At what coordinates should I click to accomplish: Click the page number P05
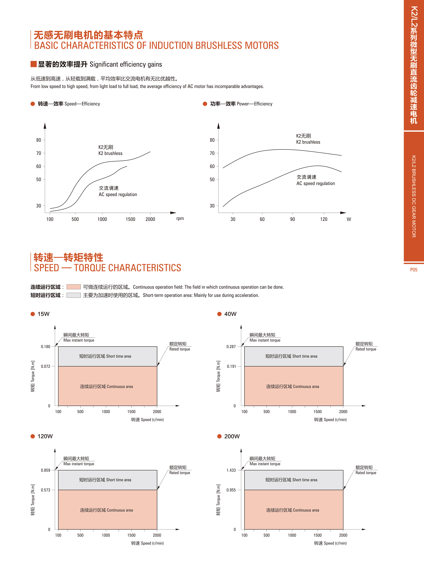click(x=413, y=270)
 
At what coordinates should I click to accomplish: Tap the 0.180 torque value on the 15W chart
click(x=46, y=346)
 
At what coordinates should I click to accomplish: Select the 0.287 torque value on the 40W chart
click(x=231, y=346)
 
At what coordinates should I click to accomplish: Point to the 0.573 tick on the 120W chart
click(x=46, y=490)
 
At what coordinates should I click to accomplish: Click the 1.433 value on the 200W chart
click(x=231, y=470)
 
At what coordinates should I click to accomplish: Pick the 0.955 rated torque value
click(x=231, y=490)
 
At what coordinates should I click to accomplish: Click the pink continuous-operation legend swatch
click(x=73, y=287)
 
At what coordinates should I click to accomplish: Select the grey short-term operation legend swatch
click(x=73, y=295)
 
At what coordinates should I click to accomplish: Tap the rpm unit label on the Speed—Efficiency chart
click(x=180, y=218)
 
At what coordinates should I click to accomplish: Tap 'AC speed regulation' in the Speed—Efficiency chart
click(x=118, y=194)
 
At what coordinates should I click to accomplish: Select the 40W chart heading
click(x=230, y=314)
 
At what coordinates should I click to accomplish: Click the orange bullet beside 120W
click(x=33, y=436)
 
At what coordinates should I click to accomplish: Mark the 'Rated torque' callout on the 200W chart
click(x=366, y=473)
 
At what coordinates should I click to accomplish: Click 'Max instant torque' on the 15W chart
click(x=79, y=340)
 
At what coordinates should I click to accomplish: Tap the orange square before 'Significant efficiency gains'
click(x=33, y=64)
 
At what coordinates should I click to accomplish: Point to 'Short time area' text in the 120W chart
click(x=119, y=480)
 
